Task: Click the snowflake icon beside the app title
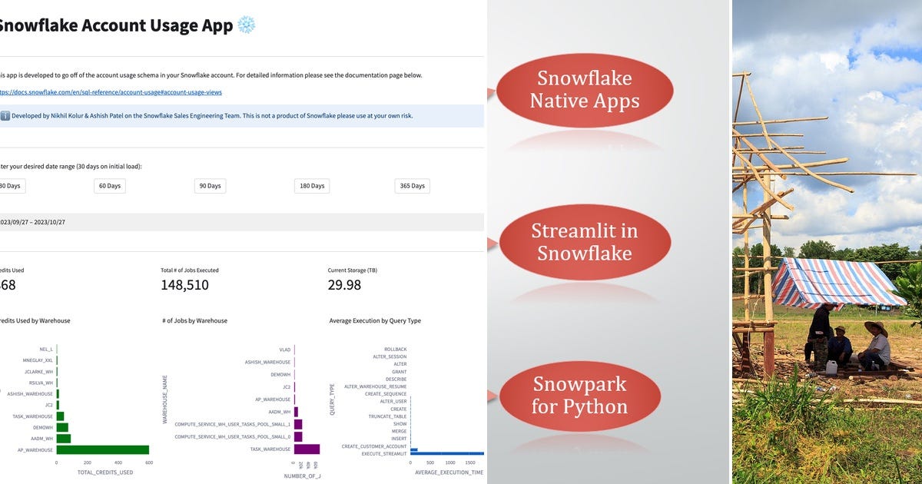[247, 25]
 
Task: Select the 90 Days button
[210, 186]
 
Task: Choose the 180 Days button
[311, 186]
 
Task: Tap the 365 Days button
[412, 186]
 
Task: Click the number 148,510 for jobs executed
[184, 285]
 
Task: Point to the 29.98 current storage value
[344, 285]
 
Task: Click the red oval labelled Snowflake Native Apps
[585, 89]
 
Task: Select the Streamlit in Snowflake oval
[584, 242]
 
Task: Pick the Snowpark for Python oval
[580, 395]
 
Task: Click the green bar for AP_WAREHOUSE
[103, 450]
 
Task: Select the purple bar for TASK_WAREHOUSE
[307, 449]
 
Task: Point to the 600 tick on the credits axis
[148, 463]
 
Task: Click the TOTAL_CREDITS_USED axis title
[105, 472]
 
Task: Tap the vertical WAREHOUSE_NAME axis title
[164, 399]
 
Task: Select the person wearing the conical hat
[875, 346]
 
